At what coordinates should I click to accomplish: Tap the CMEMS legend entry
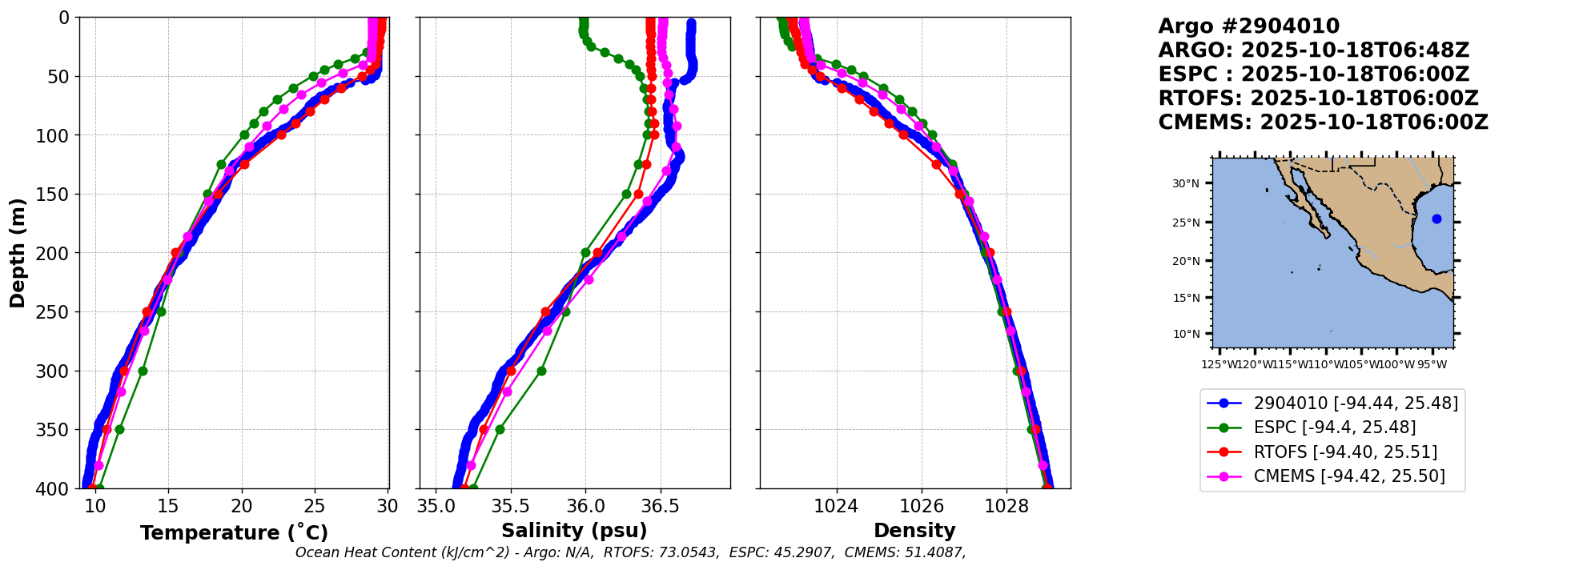coord(1349,476)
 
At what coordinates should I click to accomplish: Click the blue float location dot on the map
coord(1436,219)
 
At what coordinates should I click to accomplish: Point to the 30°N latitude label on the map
coord(1186,183)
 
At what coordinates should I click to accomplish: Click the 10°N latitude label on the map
coord(1186,334)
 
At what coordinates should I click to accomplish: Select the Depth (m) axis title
coord(18,253)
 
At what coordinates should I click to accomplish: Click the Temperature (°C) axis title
coord(234,533)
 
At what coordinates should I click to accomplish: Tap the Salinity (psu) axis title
coord(574,531)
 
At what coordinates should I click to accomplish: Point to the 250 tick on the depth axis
coord(58,312)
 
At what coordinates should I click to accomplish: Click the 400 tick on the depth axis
coord(58,488)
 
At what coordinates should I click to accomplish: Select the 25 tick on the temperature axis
coord(315,506)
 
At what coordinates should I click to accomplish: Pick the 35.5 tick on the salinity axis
coord(510,506)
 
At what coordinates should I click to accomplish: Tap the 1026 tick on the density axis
coord(922,506)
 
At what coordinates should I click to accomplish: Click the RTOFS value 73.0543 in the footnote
coord(690,552)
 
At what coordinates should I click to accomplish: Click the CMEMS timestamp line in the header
coord(1323,122)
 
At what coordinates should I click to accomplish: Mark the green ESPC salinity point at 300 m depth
coord(541,371)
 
